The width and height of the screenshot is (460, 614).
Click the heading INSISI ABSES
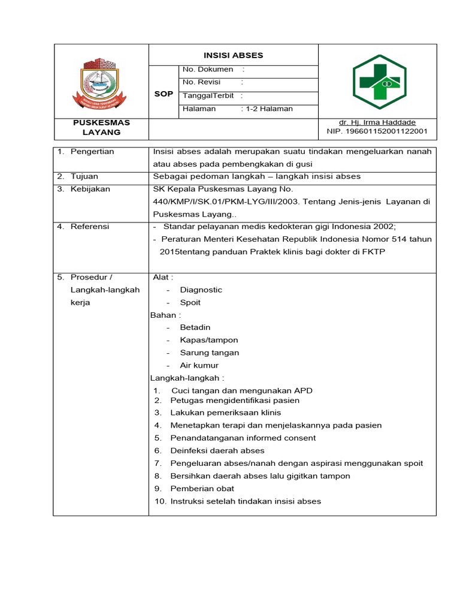[233, 55]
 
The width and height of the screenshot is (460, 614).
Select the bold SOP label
[164, 94]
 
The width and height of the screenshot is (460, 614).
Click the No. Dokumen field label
[208, 70]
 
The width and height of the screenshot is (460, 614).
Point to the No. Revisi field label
[202, 82]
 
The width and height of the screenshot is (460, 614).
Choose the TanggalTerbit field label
[209, 95]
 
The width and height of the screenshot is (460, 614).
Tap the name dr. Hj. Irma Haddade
[377, 122]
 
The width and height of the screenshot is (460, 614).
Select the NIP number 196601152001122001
[377, 131]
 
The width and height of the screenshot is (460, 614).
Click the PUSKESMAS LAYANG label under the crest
[101, 127]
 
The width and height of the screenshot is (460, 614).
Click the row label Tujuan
[84, 176]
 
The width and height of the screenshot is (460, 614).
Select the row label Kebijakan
[90, 189]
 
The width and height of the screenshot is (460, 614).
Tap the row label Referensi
[90, 227]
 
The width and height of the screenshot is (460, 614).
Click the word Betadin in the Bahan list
[195, 327]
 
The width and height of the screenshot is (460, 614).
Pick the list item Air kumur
[199, 365]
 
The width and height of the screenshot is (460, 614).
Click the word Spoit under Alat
[190, 302]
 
